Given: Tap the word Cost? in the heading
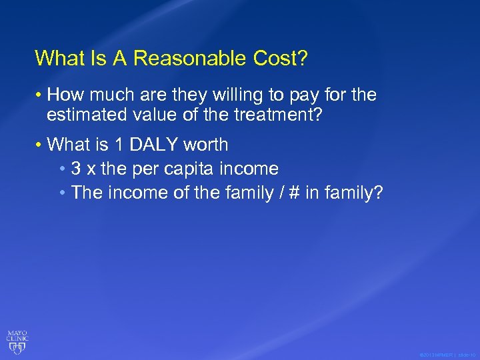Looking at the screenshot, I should (x=280, y=59).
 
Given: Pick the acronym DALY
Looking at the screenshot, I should (x=153, y=145).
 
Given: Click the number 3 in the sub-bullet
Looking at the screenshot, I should (x=76, y=169).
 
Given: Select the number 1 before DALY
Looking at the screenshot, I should (x=115, y=145).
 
